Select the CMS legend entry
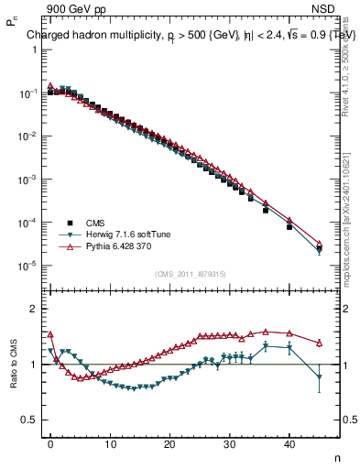[94, 223]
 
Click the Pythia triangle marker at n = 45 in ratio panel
[319, 343]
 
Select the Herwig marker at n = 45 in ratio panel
[319, 376]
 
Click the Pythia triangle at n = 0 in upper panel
[50, 85]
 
